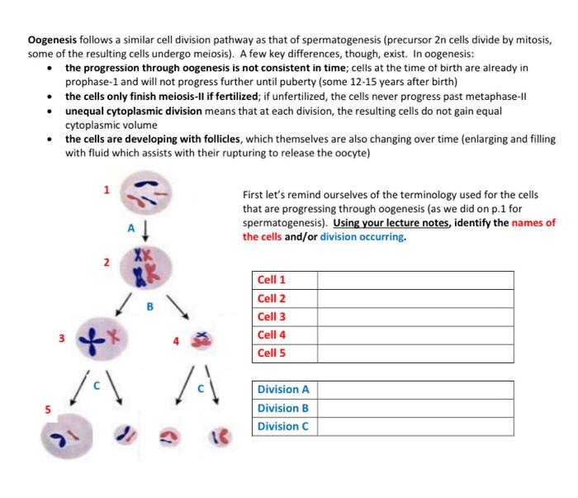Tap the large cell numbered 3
click(x=99, y=339)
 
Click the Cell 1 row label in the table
click(x=272, y=280)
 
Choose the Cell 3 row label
click(x=272, y=316)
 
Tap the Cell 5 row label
click(x=272, y=353)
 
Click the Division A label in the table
click(x=282, y=390)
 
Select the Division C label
click(x=282, y=426)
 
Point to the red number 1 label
click(x=106, y=189)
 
